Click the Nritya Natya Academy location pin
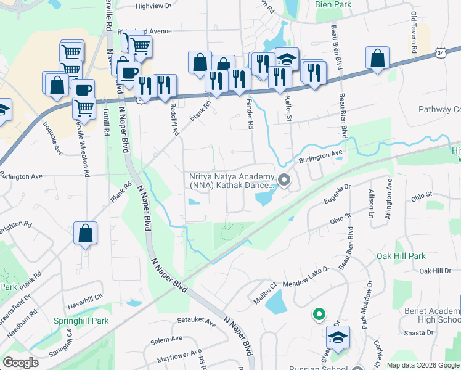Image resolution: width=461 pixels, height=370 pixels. coord(284,180)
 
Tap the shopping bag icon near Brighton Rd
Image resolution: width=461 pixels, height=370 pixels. coord(86,234)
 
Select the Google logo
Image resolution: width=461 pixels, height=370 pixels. coord(20,363)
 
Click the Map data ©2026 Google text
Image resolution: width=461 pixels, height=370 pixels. coord(423,365)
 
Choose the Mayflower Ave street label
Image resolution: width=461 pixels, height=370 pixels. coord(179,357)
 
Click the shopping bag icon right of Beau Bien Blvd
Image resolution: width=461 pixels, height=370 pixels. coord(377,58)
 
